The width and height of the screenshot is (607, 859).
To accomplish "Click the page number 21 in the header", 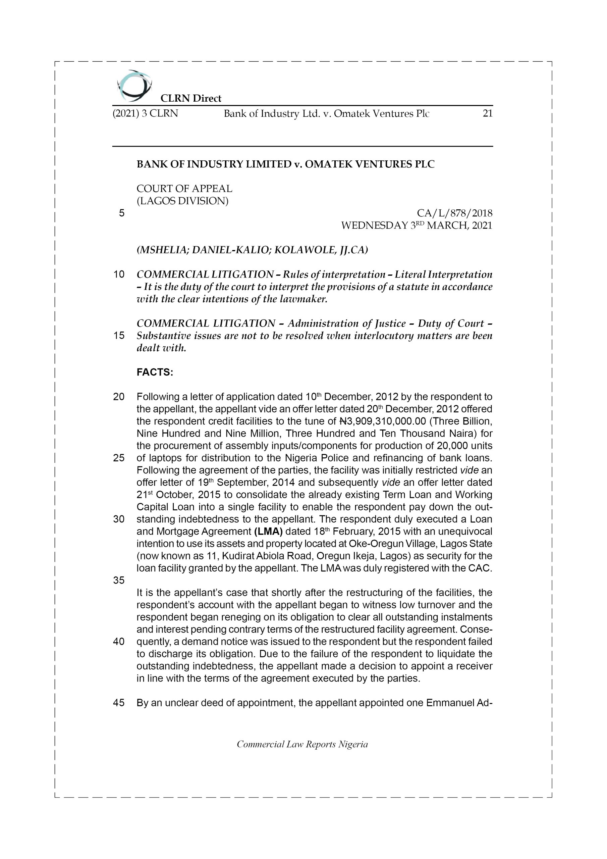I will click(487, 113).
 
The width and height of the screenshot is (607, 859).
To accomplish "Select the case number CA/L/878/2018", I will click(454, 213).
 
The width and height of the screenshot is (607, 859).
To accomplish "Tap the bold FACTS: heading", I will click(155, 373).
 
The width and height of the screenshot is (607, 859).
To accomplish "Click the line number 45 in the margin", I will click(119, 703).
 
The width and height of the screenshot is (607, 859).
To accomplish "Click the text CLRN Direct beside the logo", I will click(191, 98).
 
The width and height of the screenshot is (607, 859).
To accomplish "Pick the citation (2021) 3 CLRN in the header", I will click(145, 113).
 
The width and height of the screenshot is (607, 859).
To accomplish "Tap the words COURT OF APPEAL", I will click(184, 189).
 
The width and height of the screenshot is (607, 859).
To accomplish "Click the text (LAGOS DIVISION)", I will click(182, 201).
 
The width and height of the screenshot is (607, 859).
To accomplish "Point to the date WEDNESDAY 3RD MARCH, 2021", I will click(417, 225).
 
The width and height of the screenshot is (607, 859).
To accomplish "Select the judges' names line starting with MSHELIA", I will click(253, 250).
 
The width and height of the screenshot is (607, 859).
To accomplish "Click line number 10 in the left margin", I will click(119, 274).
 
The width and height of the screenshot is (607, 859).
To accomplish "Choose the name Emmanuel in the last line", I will click(450, 703).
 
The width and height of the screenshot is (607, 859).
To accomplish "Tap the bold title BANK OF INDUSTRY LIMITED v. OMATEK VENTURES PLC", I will click(285, 164).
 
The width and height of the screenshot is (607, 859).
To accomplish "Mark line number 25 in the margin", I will click(119, 458).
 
